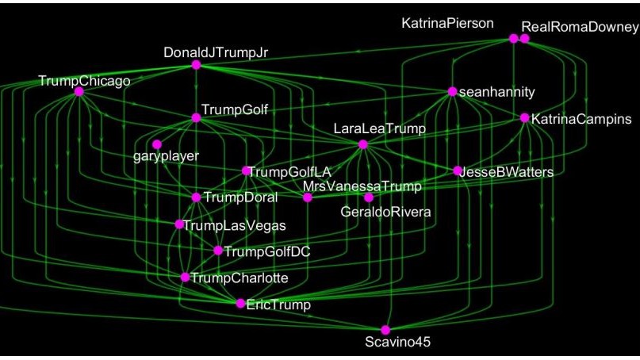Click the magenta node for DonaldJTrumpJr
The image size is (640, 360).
196,65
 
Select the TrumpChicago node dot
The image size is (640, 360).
79,92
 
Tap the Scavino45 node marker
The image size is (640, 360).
385,330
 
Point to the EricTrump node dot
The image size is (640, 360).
241,303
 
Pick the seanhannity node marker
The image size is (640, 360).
452,91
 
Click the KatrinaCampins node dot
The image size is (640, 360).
524,118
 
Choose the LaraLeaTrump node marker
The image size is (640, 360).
363,144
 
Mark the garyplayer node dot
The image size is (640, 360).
157,144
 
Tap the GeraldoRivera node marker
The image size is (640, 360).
369,197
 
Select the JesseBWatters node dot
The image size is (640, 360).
458,170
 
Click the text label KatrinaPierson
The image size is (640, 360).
447,24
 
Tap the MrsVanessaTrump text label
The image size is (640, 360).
362,186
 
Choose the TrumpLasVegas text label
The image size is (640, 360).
234,225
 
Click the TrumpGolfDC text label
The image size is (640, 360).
266,251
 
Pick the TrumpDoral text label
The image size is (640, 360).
240,197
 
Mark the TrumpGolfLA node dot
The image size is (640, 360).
247,170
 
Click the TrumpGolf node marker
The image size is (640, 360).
196,118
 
